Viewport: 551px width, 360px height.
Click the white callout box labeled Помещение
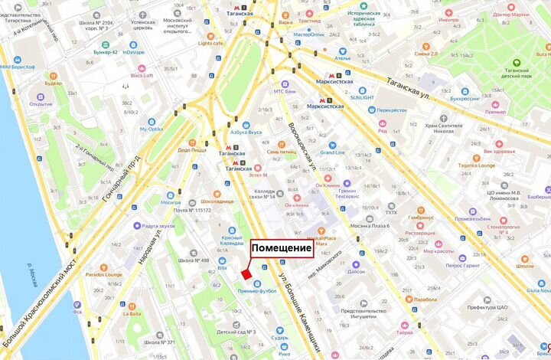point(282,248)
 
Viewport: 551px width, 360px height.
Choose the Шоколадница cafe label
point(218,201)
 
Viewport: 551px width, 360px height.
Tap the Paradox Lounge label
point(104,273)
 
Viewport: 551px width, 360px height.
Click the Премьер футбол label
point(256,291)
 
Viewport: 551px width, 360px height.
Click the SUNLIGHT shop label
point(362,97)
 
